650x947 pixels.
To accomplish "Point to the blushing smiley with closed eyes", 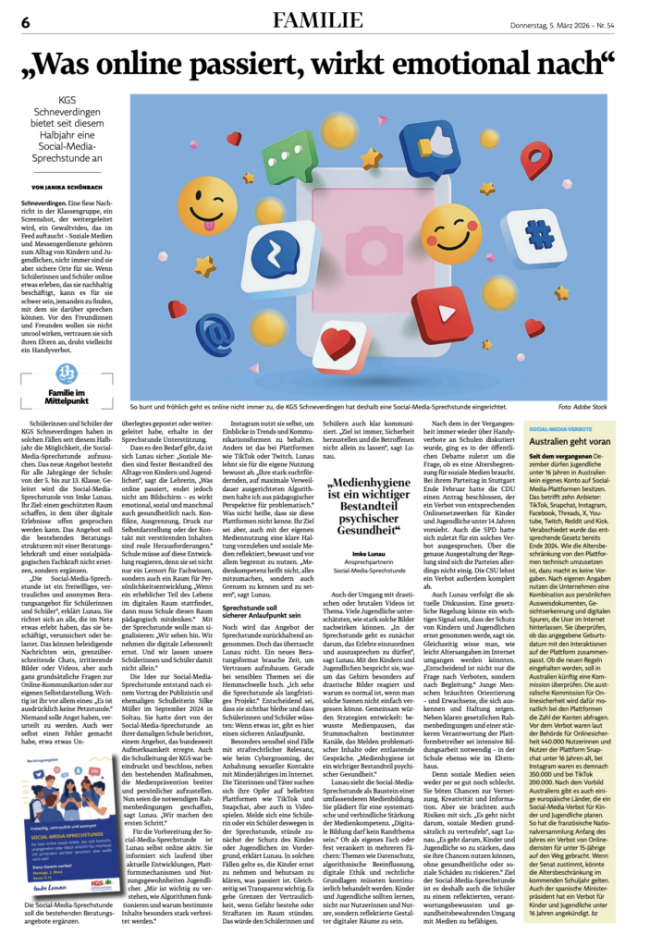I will tap(450, 233).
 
